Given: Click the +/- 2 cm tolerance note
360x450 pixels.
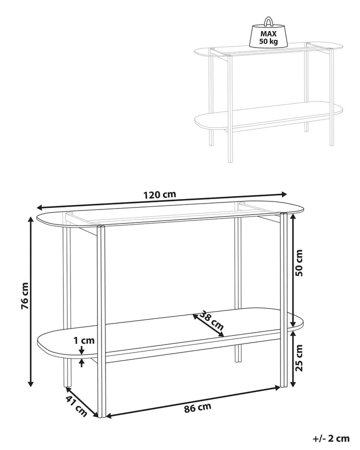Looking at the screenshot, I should pyautogui.click(x=330, y=439).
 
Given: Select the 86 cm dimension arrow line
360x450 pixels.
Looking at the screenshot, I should pyautogui.click(x=193, y=400).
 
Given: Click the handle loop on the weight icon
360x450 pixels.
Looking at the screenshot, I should pyautogui.click(x=268, y=21).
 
